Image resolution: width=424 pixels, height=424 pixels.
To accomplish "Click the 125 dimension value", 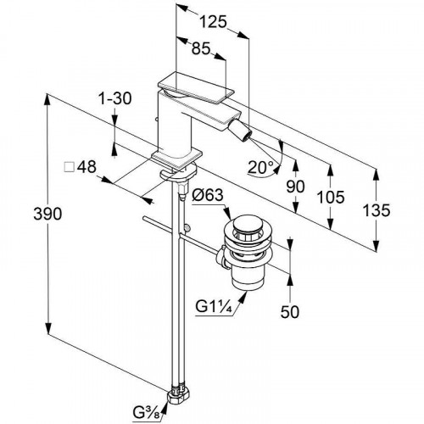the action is (x=213, y=22).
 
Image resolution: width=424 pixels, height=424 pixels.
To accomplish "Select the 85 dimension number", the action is (x=201, y=48).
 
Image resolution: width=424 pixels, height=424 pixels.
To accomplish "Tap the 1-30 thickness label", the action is (x=114, y=98).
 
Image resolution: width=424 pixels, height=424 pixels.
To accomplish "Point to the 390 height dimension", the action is (x=47, y=214).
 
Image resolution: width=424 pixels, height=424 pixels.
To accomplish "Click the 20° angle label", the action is (x=260, y=167).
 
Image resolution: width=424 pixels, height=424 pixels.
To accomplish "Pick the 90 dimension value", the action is (x=295, y=187).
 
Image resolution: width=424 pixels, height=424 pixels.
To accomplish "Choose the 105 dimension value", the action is (x=331, y=197).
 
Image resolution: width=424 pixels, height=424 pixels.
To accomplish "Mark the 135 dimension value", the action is (x=376, y=210).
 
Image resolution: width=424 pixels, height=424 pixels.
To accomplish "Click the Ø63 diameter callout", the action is (x=208, y=195).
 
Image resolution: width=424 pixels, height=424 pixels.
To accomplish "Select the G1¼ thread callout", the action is (x=214, y=307).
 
